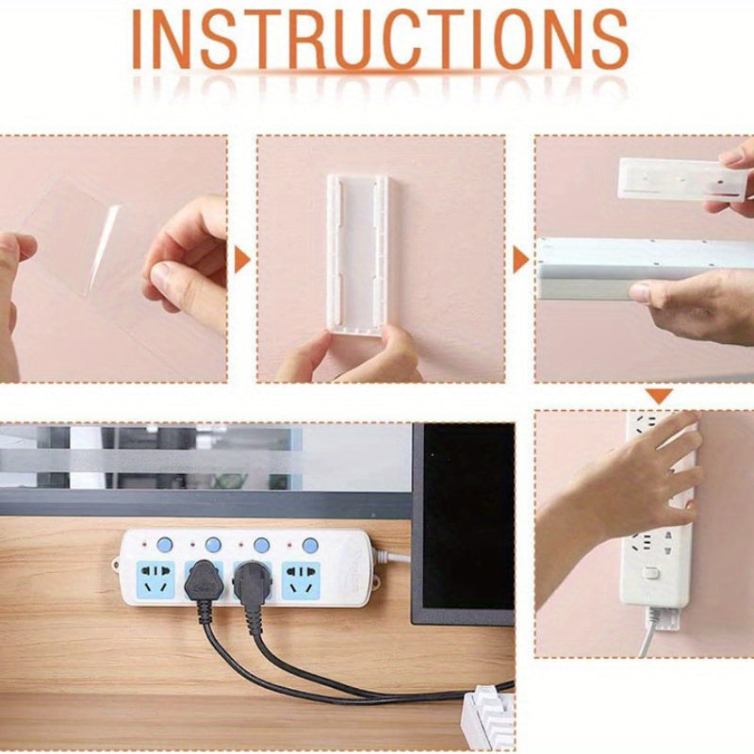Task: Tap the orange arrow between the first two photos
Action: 241,260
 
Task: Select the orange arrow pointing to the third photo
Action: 520,260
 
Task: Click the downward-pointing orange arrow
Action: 660,396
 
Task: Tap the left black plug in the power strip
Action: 202,582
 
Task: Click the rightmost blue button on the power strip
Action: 309,545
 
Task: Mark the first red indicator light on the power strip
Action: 142,545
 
